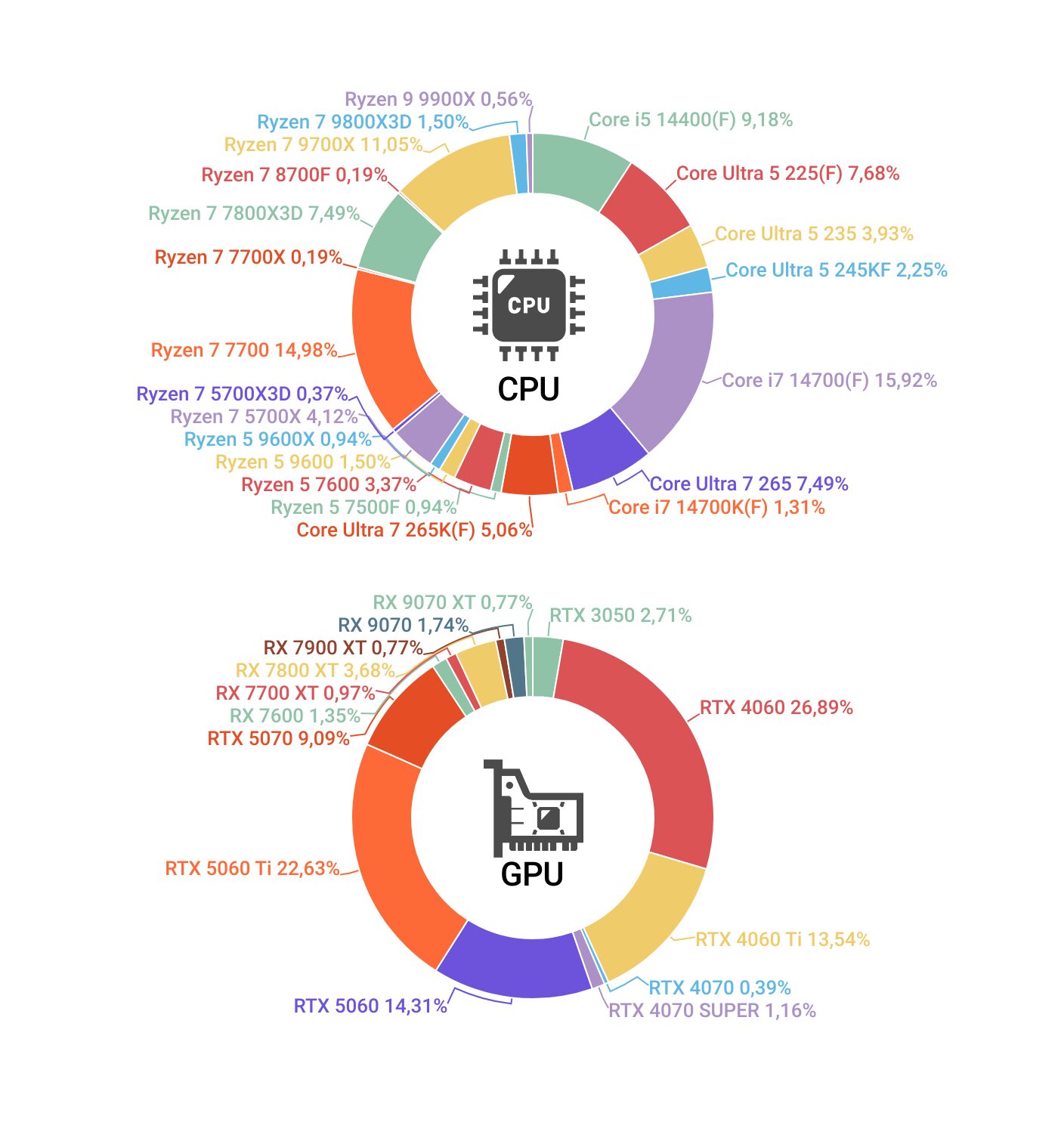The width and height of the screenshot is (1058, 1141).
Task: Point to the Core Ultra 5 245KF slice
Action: (681, 283)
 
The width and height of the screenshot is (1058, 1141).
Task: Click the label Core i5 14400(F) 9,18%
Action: (691, 119)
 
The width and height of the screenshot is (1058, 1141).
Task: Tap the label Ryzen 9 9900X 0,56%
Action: (438, 99)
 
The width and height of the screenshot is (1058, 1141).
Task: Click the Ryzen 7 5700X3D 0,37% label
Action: (242, 394)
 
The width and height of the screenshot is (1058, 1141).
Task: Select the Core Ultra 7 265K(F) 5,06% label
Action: (414, 530)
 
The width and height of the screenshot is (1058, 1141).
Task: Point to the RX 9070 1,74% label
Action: (403, 625)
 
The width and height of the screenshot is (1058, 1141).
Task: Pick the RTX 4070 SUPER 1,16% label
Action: (712, 1010)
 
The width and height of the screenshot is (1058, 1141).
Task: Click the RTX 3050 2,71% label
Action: (620, 615)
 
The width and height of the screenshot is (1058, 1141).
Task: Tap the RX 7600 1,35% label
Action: (295, 716)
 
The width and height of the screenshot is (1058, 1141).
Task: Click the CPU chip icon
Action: (529, 305)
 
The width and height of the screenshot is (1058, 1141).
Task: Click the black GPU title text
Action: (532, 874)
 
